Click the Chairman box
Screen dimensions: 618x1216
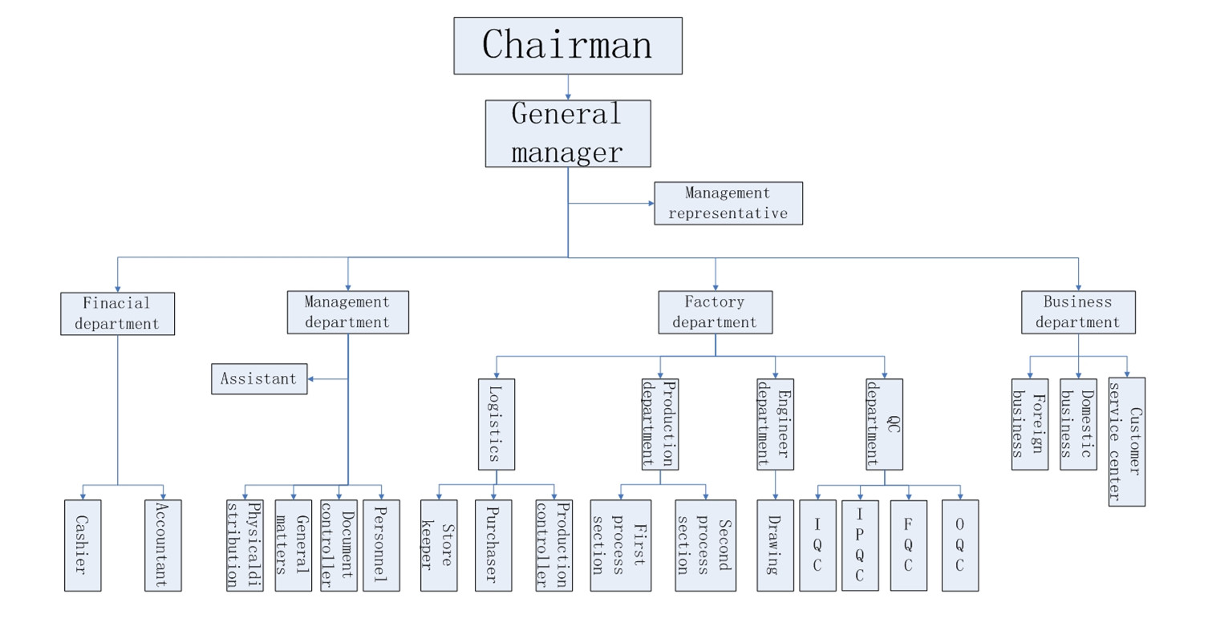(x=568, y=46)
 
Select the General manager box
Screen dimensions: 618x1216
(x=568, y=133)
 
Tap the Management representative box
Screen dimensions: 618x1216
(x=728, y=203)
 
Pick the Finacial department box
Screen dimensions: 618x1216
(x=117, y=313)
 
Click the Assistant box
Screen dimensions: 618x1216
(x=259, y=378)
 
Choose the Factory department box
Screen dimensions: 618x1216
(x=715, y=312)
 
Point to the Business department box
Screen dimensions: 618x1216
(x=1078, y=312)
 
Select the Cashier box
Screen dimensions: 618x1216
(x=83, y=545)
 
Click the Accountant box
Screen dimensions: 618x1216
(x=163, y=545)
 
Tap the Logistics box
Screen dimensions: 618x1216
(x=497, y=424)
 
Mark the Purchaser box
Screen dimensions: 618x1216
(x=492, y=545)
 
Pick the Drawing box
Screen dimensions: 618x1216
(x=775, y=545)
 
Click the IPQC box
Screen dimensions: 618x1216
(x=860, y=545)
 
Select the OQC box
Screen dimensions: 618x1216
(x=959, y=545)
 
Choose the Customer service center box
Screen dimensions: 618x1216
(x=1126, y=442)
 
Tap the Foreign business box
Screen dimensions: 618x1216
(x=1029, y=424)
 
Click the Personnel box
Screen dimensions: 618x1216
(x=381, y=545)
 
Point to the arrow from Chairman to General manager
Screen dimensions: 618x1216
(x=568, y=87)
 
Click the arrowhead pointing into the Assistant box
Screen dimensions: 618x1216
(x=312, y=378)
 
